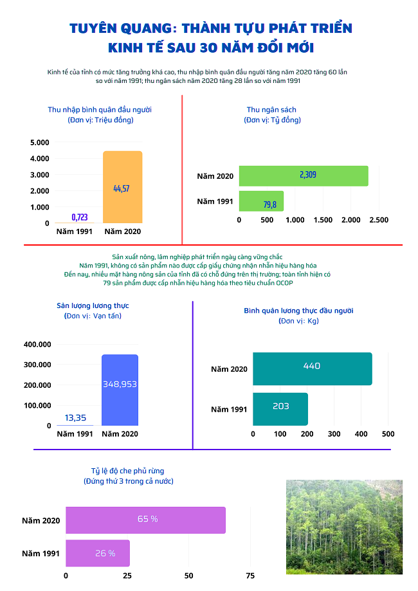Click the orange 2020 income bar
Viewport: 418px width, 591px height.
122,187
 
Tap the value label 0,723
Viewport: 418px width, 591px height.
80,217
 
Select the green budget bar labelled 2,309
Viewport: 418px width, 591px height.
304,176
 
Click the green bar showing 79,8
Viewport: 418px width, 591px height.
261,201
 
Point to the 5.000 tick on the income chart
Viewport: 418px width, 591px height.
40,143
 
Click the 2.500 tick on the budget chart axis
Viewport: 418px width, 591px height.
379,220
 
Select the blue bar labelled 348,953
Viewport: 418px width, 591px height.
120,390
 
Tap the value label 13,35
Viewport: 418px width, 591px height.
75,417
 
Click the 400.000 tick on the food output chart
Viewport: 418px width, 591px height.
37,345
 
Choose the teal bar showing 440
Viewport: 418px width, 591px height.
313,369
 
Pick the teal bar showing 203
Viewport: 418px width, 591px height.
280,410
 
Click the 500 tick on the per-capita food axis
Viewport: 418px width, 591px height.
388,434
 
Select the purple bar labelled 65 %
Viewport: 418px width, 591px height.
145,520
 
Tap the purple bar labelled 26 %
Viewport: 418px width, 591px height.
98,553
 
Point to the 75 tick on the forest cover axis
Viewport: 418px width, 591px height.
250,576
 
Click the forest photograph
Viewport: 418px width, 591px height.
344,527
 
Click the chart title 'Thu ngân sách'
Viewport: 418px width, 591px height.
271,110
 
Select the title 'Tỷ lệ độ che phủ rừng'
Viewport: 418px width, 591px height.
128,471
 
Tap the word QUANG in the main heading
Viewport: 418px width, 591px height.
146,29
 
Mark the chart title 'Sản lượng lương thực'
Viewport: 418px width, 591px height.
93,305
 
